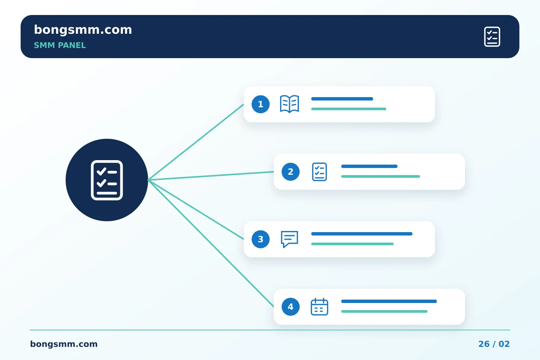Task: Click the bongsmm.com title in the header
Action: click(83, 30)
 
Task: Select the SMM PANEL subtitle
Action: click(60, 45)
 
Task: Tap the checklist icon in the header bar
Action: click(492, 37)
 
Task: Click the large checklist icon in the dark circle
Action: click(107, 180)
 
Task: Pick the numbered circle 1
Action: click(261, 104)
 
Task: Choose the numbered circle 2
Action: click(291, 172)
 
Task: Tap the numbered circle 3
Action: click(261, 239)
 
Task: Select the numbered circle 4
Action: click(291, 307)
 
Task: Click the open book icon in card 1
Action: click(289, 104)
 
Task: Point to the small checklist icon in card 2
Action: click(319, 172)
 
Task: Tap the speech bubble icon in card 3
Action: click(289, 239)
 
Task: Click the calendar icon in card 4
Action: click(319, 307)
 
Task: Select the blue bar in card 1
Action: click(342, 99)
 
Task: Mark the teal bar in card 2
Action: click(380, 177)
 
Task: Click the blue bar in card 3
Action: click(362, 234)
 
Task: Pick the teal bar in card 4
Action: click(384, 312)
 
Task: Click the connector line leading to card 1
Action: click(196, 142)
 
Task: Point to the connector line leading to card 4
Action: click(211, 243)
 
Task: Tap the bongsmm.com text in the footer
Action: click(64, 344)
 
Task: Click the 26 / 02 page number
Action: click(494, 344)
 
